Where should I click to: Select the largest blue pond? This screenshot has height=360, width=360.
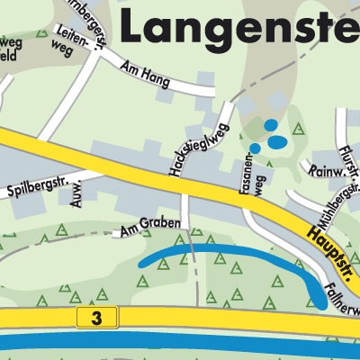point(278,141)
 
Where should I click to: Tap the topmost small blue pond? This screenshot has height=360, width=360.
point(271,125)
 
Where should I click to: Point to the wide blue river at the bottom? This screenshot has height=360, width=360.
point(180,343)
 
